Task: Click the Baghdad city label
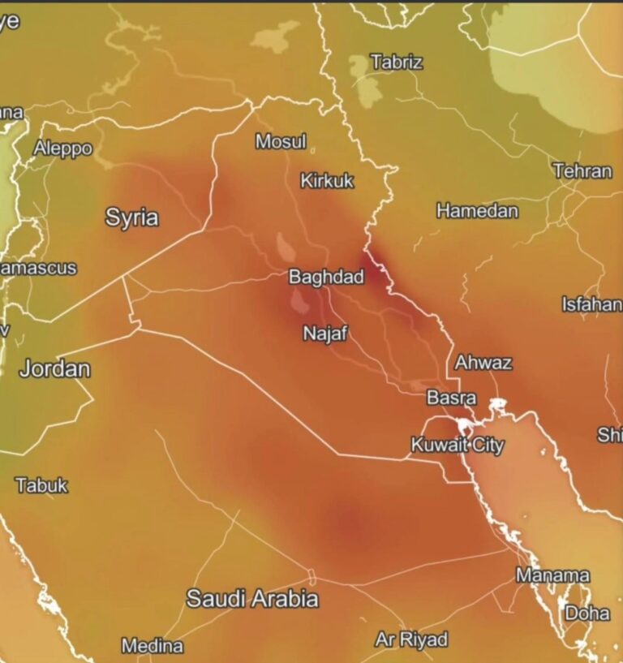326,277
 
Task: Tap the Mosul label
281,142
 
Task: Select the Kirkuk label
327,181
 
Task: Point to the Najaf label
325,333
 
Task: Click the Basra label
451,398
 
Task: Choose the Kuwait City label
457,445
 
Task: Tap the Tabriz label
397,62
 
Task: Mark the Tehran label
582,171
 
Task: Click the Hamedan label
477,211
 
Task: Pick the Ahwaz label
483,363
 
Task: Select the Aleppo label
62,149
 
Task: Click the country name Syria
131,217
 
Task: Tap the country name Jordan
54,368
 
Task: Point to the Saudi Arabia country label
252,599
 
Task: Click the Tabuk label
42,485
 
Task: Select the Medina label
152,646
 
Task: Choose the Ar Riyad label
410,639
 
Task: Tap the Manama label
552,575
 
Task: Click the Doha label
586,613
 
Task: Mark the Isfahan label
591,304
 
